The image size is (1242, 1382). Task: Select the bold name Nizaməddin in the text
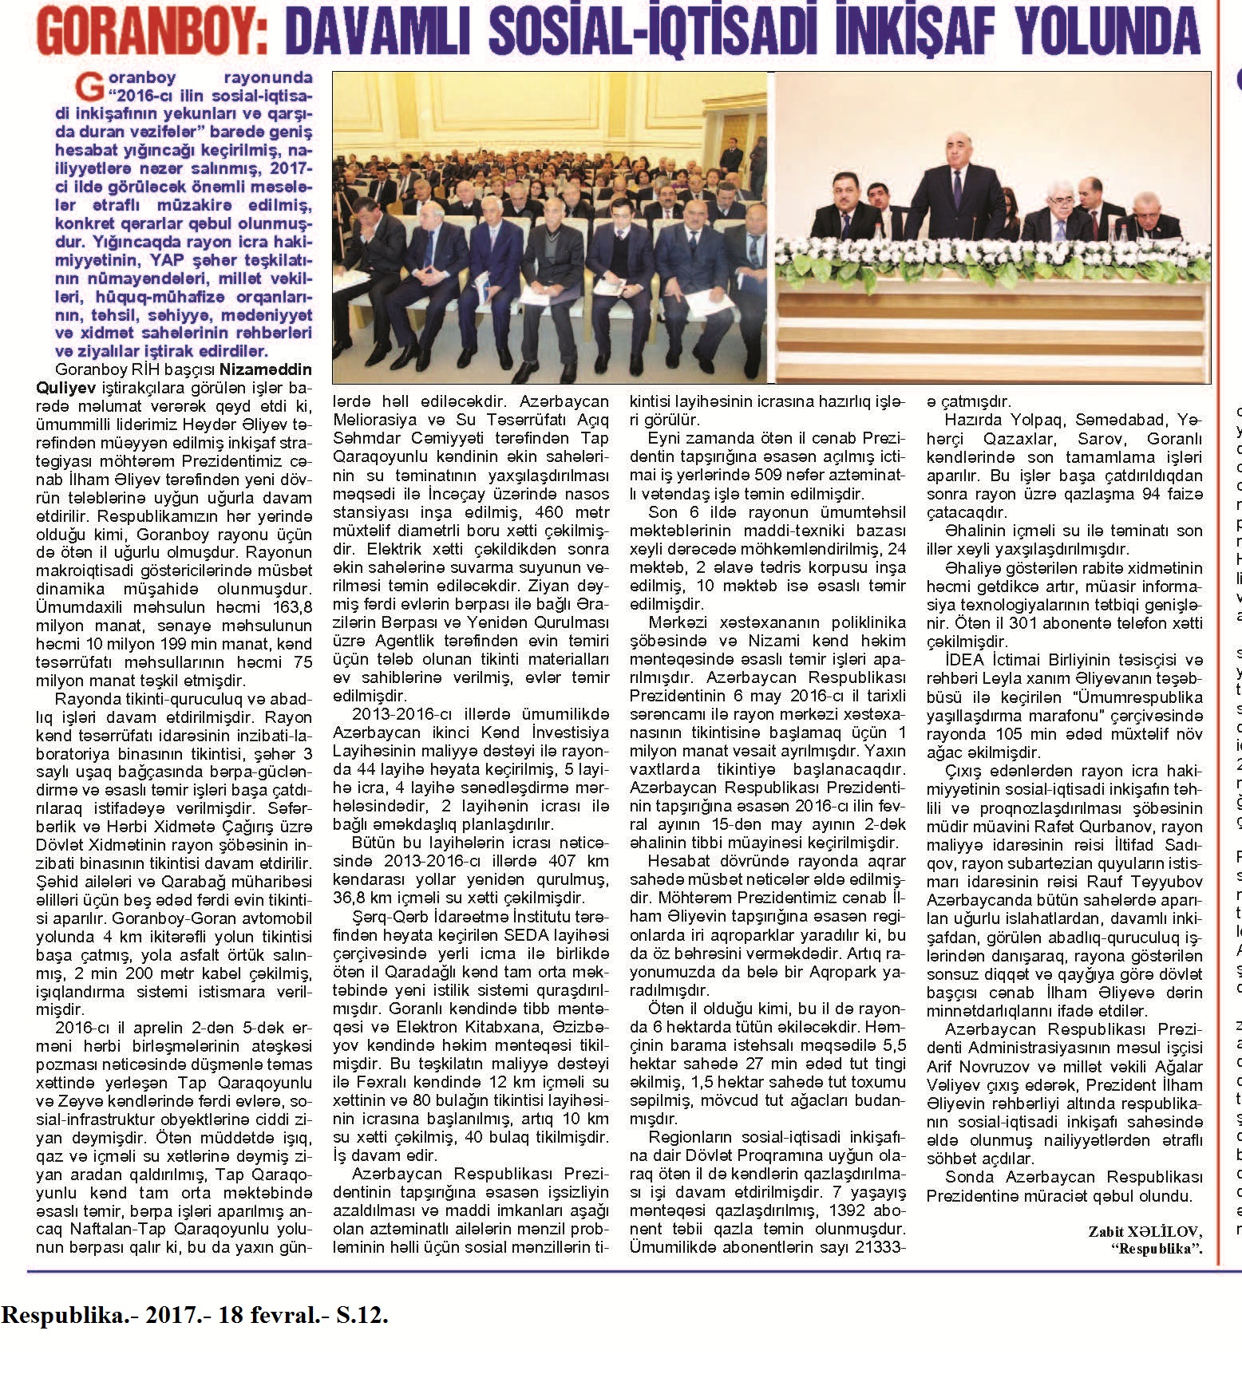266,370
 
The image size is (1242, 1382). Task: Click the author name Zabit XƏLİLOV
1145,1232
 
